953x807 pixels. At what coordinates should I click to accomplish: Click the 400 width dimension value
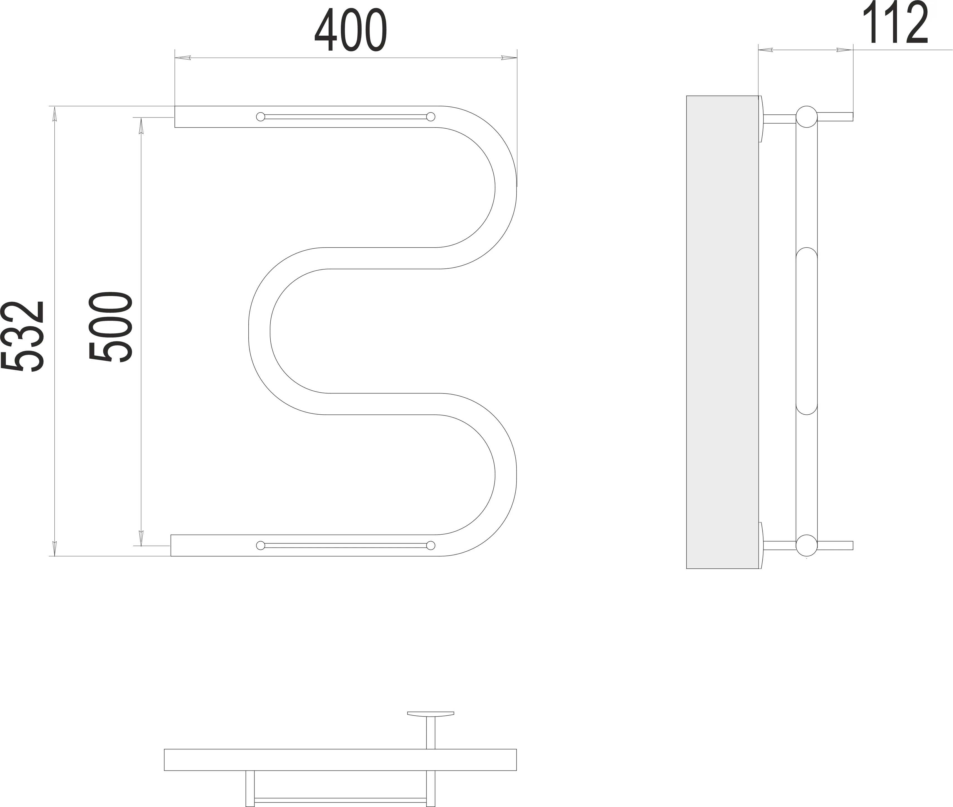click(351, 30)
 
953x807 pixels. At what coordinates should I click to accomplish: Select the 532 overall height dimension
click(23, 336)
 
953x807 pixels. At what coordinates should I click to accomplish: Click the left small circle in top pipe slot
click(261, 117)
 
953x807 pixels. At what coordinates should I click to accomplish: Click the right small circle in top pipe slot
click(430, 117)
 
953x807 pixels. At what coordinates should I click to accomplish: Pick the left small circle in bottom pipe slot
click(261, 545)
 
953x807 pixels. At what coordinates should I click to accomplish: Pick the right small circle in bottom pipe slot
click(430, 545)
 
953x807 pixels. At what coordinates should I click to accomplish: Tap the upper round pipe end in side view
click(806, 117)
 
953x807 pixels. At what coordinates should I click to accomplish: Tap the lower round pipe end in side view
click(806, 545)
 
